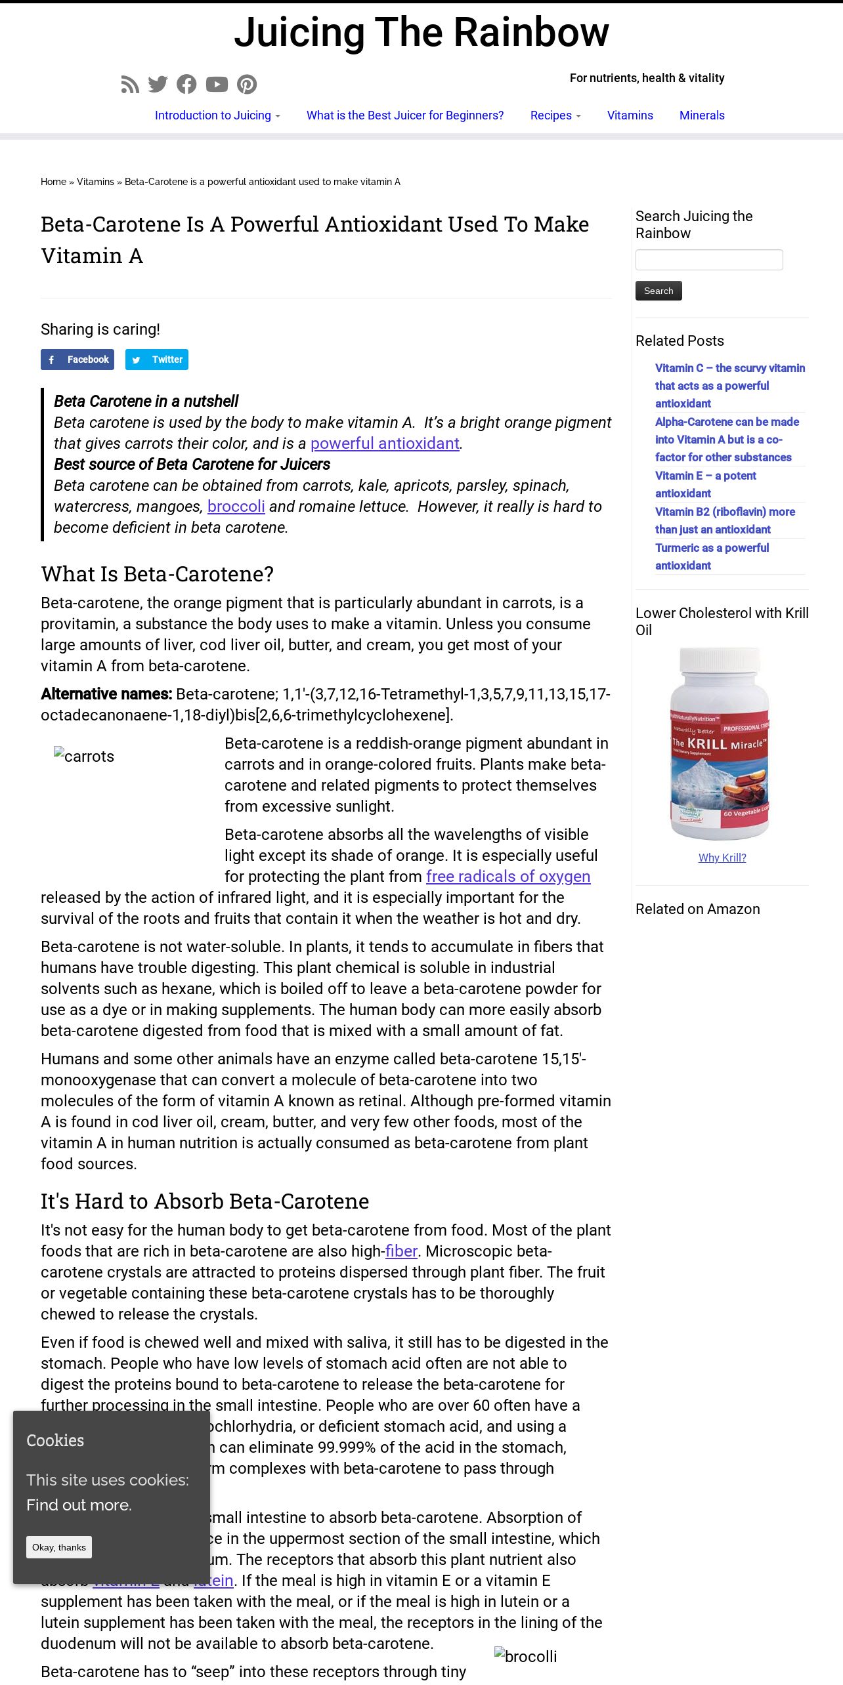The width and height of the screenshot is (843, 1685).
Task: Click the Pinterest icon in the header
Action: click(x=247, y=85)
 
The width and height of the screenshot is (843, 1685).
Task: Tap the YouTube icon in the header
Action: click(x=217, y=85)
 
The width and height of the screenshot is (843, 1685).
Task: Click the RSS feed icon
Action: click(x=130, y=85)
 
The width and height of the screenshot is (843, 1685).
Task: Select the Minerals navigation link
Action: click(x=702, y=115)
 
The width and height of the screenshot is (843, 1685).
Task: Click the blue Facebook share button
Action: click(x=77, y=360)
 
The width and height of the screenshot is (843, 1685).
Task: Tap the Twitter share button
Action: click(x=157, y=360)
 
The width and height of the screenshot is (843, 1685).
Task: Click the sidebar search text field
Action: click(x=709, y=260)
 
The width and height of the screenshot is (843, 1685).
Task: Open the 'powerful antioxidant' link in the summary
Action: click(x=385, y=444)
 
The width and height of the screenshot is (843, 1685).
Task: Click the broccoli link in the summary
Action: click(x=236, y=507)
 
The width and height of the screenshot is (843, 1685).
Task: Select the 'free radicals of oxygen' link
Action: click(x=508, y=877)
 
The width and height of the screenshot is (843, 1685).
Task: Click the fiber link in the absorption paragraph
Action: click(x=401, y=1251)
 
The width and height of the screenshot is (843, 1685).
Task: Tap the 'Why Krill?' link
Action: click(x=722, y=858)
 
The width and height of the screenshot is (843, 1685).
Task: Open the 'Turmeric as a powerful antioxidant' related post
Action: click(x=712, y=556)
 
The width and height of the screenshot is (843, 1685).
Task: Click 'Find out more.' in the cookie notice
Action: click(x=79, y=1505)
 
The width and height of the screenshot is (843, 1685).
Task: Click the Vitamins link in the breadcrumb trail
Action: click(x=95, y=182)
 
